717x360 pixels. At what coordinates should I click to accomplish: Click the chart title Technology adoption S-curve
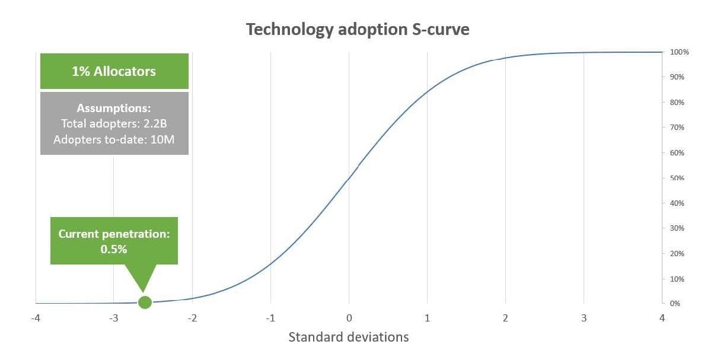click(358, 29)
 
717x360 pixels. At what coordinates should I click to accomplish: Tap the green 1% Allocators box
click(114, 71)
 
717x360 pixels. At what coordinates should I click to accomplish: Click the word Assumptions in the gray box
click(114, 109)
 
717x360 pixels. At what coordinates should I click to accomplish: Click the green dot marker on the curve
click(145, 302)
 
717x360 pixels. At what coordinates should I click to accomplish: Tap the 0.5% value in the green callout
click(114, 249)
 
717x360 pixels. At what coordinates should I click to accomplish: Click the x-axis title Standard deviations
click(349, 337)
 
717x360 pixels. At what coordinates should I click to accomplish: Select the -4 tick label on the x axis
click(36, 318)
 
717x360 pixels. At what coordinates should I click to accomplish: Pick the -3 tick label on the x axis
click(114, 318)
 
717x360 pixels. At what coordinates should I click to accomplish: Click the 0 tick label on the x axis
click(349, 318)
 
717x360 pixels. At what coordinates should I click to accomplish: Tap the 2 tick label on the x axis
click(505, 318)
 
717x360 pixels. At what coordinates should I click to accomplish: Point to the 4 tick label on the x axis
click(662, 318)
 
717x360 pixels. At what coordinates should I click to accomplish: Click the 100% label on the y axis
click(680, 52)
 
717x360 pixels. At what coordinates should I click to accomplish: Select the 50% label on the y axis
click(678, 178)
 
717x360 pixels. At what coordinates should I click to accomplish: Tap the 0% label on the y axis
click(676, 304)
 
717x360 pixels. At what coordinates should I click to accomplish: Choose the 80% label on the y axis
click(678, 103)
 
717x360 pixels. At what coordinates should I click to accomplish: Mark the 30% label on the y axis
click(678, 228)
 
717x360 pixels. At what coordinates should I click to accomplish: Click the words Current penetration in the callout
click(114, 234)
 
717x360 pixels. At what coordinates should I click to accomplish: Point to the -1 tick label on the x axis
click(270, 318)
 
